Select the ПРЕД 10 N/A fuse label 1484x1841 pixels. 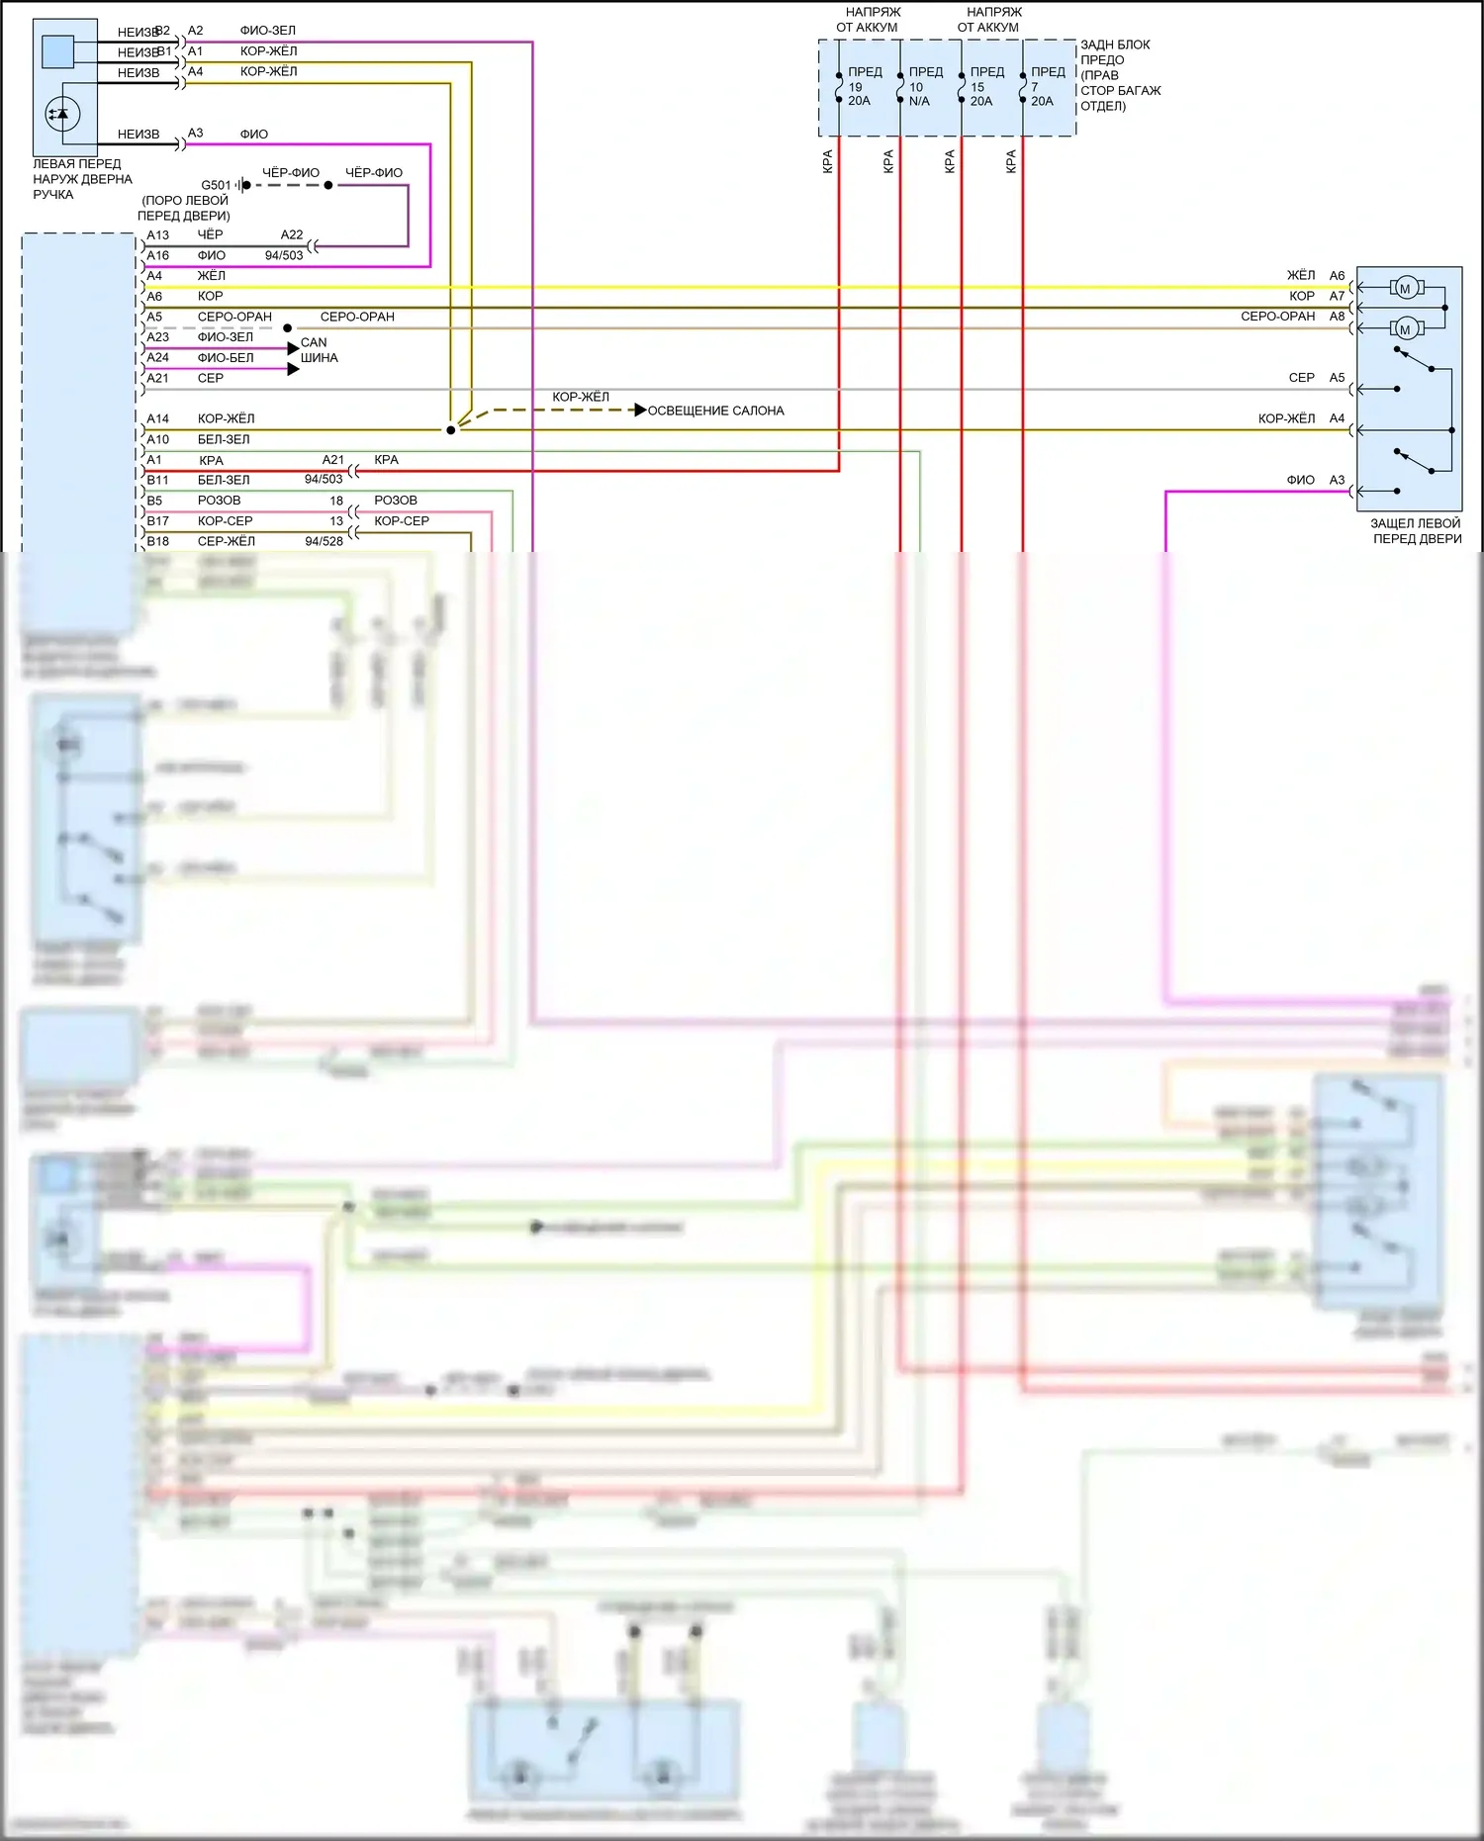[924, 86]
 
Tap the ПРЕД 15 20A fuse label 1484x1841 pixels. [985, 86]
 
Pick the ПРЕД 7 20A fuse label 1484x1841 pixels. [1047, 86]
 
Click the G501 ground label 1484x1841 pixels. [216, 185]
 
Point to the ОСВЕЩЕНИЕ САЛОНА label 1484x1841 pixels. [715, 411]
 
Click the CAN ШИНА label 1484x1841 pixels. [319, 350]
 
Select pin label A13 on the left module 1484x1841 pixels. [157, 235]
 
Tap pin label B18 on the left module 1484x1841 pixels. [157, 541]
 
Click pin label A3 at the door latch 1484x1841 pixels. [1337, 480]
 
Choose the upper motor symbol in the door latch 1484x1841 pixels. [1405, 289]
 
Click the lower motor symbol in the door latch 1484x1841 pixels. [1405, 329]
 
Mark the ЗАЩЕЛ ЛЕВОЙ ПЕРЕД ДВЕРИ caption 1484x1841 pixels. [1416, 531]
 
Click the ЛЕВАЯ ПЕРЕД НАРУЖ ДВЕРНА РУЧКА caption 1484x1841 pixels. [82, 179]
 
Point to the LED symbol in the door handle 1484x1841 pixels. [62, 115]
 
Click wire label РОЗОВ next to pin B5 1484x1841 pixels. [219, 501]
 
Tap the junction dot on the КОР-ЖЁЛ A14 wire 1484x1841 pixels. [451, 430]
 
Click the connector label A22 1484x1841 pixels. [292, 235]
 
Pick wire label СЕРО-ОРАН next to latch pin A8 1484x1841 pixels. [1277, 317]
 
